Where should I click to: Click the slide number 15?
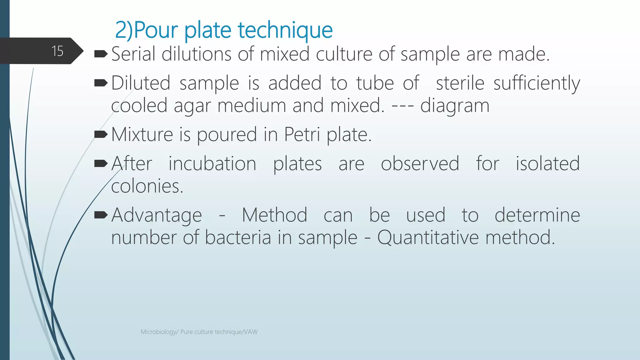point(57,51)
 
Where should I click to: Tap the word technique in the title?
point(285,30)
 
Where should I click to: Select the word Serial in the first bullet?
point(133,54)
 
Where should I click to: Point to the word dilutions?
point(196,54)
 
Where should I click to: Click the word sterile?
point(460,83)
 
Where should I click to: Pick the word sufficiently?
point(537,84)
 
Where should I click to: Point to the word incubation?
point(212,163)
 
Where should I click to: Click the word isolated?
point(547,163)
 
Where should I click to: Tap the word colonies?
point(147,186)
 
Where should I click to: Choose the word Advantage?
point(157,216)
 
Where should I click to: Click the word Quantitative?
point(428,237)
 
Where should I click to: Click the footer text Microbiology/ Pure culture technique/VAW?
point(199,332)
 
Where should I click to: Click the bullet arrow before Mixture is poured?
point(101,134)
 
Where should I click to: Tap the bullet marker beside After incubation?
point(101,163)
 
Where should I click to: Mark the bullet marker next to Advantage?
point(101,215)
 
